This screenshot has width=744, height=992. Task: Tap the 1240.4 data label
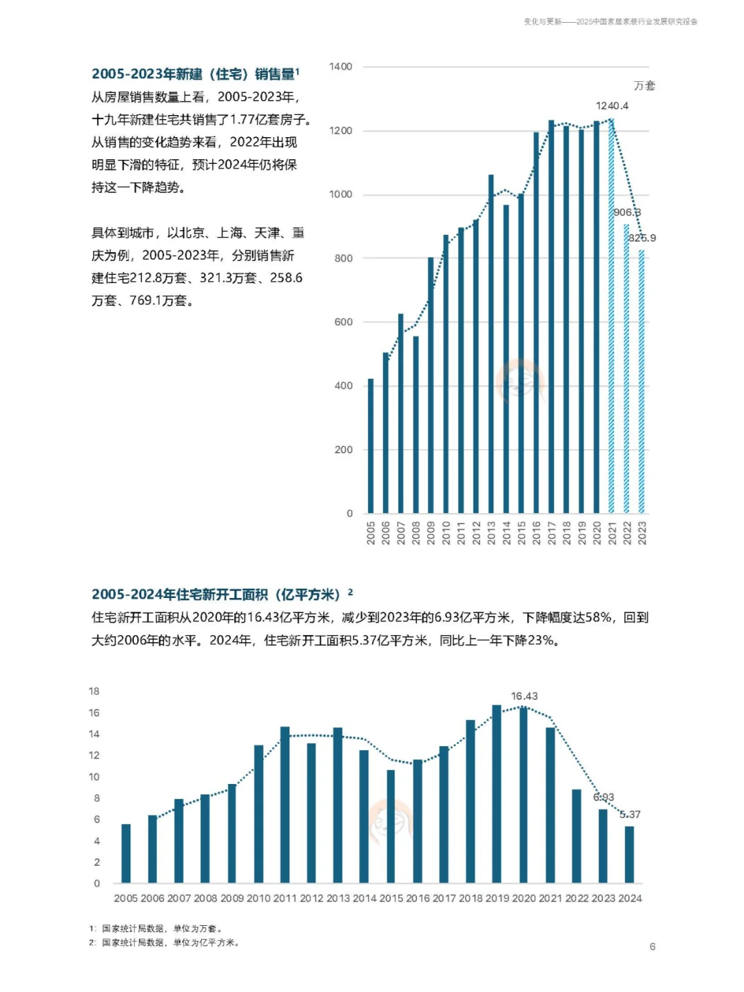point(612,105)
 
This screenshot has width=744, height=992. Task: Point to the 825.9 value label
point(642,238)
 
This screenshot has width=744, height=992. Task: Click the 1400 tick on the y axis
point(340,67)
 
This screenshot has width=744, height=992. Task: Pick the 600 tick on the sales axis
point(343,322)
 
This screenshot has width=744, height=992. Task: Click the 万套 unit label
point(644,85)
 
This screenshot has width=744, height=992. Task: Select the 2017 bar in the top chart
point(551,317)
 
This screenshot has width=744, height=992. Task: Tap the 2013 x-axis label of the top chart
point(491,533)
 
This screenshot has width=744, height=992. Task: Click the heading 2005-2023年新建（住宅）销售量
point(195,74)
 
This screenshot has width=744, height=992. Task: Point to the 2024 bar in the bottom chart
point(629,854)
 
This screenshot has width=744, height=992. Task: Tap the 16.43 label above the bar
point(524,696)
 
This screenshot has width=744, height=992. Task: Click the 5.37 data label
point(630,814)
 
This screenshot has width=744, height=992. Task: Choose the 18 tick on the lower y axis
point(94,691)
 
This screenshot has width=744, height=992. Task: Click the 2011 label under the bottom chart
point(285,898)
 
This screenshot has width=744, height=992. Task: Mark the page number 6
point(652,947)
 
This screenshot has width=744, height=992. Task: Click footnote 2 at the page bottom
point(165,942)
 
